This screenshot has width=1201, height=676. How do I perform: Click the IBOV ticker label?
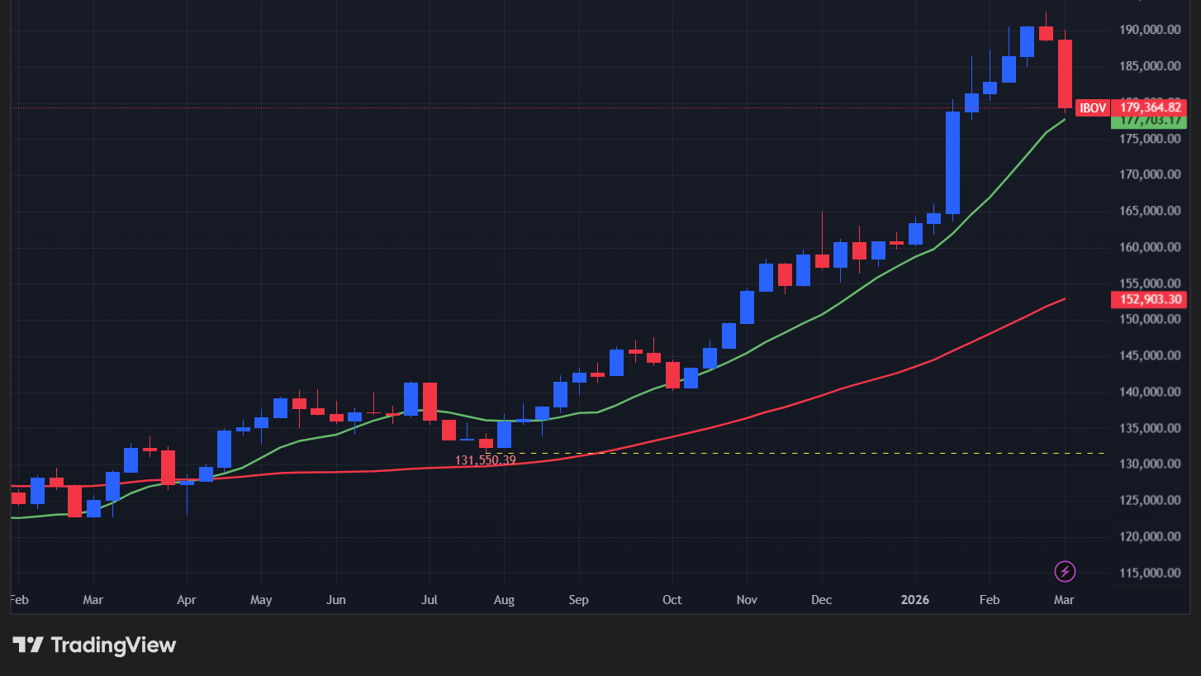[x=1093, y=107]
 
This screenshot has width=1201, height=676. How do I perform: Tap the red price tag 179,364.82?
[x=1149, y=107]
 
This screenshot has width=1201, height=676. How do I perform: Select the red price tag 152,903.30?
[x=1149, y=299]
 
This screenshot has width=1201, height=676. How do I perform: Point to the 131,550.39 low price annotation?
[x=485, y=460]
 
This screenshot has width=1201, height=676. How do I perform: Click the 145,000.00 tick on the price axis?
[x=1149, y=356]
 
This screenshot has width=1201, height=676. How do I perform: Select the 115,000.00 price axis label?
[x=1149, y=573]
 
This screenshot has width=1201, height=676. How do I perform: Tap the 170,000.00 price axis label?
[x=1149, y=174]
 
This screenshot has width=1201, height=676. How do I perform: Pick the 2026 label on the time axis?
[x=915, y=600]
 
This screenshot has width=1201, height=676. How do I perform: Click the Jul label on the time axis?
[x=430, y=600]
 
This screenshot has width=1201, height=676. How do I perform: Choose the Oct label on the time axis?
[x=672, y=600]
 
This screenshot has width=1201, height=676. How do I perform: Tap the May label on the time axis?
[x=261, y=600]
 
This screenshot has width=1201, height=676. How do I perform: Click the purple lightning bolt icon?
[x=1066, y=571]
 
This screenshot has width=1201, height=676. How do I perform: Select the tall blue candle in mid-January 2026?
[x=952, y=163]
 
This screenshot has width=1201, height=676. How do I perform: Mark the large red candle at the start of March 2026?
[x=1066, y=74]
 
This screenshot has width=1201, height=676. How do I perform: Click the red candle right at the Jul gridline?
[x=430, y=402]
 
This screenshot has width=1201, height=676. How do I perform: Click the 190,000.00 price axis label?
[x=1149, y=30]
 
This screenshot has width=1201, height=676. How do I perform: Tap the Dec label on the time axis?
[x=822, y=600]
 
